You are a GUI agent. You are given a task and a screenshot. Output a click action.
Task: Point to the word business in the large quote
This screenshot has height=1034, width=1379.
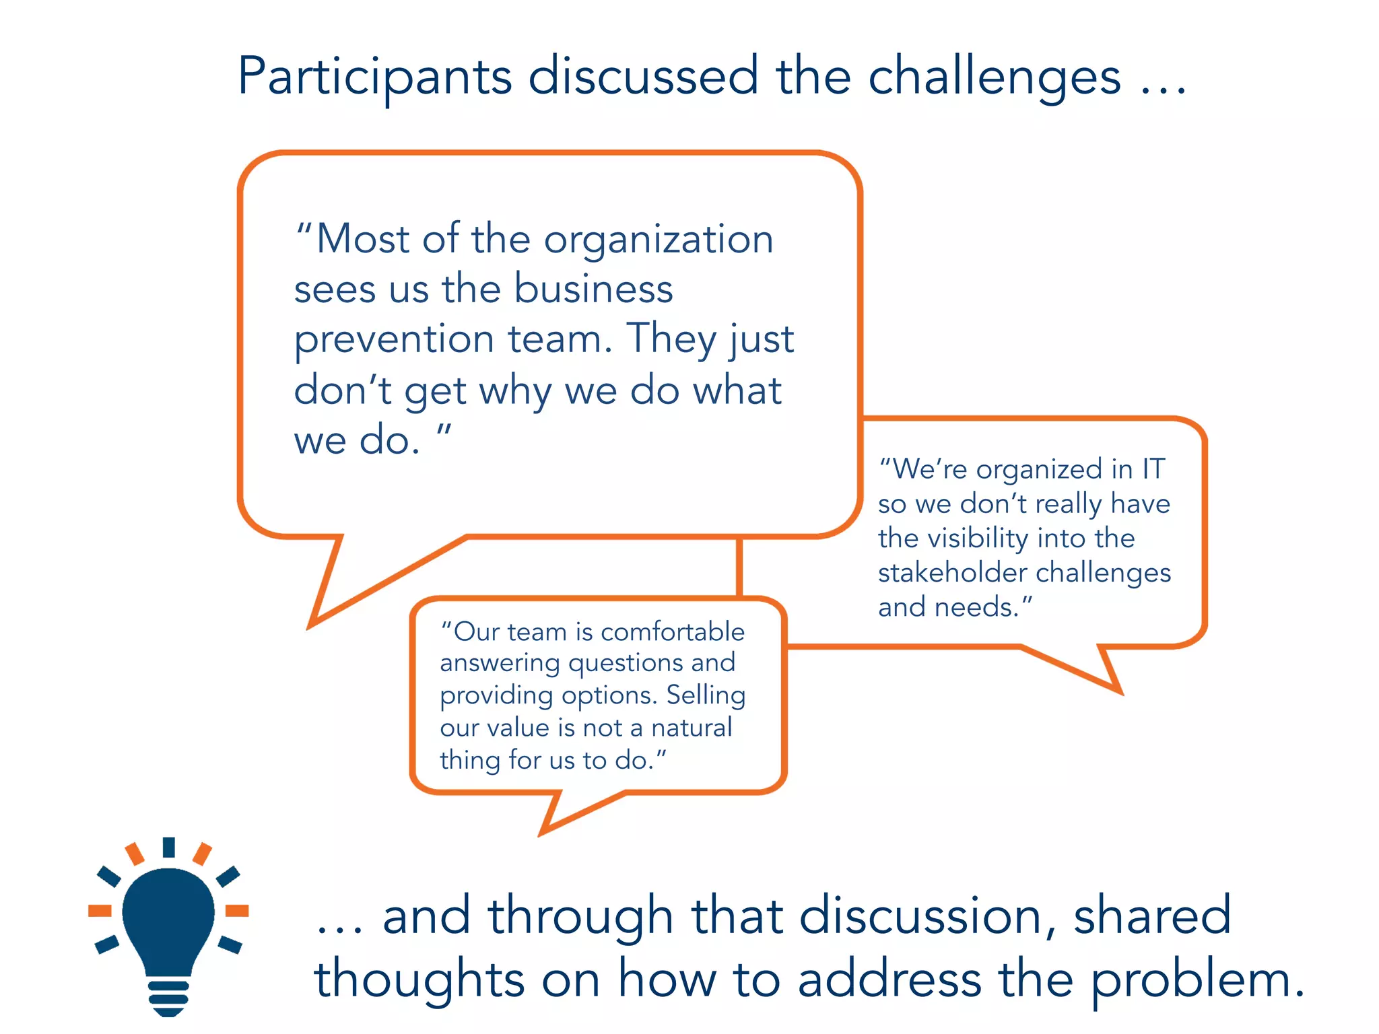593,289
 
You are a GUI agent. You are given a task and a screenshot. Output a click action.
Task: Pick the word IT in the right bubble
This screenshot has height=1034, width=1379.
1153,469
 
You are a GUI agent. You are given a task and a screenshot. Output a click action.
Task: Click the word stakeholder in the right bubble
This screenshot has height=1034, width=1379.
952,573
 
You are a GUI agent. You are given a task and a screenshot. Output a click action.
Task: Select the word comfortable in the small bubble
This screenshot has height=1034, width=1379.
672,632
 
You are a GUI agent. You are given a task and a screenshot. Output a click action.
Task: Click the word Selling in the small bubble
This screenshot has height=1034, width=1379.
706,695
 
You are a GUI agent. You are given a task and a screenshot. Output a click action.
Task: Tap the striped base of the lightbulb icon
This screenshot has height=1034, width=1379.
168,995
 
